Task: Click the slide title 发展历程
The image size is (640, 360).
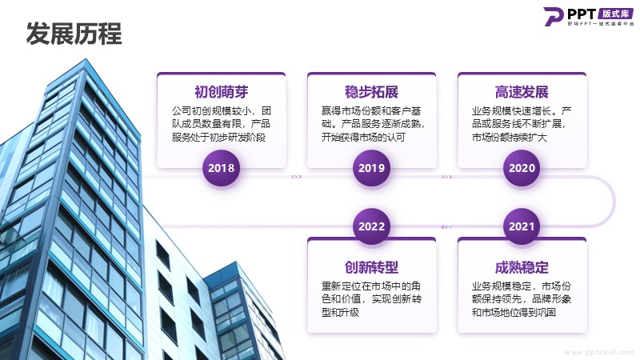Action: [x=74, y=34]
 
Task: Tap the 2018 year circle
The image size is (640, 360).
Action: [x=222, y=168]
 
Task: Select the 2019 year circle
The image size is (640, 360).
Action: [x=371, y=168]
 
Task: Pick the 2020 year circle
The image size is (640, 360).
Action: [x=522, y=168]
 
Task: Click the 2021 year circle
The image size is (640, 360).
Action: [x=522, y=226]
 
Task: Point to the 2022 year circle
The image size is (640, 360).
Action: [x=371, y=226]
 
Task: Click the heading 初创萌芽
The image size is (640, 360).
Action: [x=222, y=92]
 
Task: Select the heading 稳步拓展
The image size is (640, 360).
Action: [x=371, y=92]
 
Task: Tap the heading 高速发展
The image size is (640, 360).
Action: [x=522, y=92]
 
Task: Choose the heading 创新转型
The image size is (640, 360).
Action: [x=371, y=267]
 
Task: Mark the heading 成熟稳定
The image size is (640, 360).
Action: [x=522, y=267]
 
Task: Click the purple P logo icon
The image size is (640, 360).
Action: [x=554, y=17]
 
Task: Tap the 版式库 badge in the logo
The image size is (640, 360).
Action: [x=615, y=14]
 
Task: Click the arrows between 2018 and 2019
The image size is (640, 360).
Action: [x=296, y=177]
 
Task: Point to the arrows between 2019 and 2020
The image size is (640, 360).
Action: [x=447, y=177]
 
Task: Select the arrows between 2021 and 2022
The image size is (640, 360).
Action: [x=446, y=227]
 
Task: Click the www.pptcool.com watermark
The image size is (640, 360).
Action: [x=599, y=352]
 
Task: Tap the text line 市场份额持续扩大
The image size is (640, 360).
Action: [x=510, y=137]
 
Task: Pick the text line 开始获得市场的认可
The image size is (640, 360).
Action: [x=363, y=137]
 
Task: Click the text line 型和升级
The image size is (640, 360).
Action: [x=340, y=313]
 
